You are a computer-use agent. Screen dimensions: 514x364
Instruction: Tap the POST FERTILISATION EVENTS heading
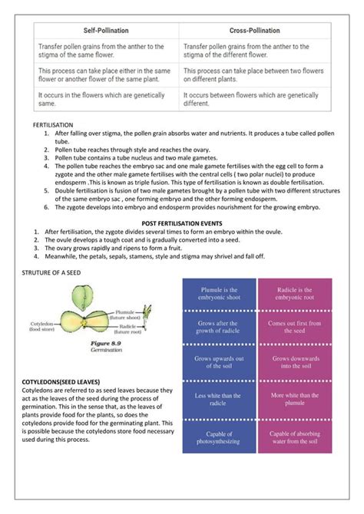(x=182, y=222)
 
